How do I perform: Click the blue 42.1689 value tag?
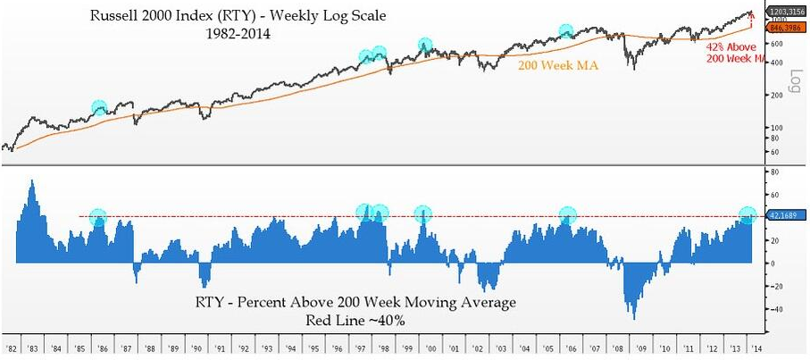click(x=783, y=214)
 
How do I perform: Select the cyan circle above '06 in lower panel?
click(x=568, y=214)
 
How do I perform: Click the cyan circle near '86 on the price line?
click(x=99, y=107)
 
